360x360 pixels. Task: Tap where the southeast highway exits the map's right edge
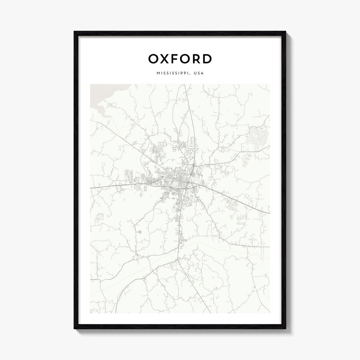point(269,213)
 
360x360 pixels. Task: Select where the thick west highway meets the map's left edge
point(91,188)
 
